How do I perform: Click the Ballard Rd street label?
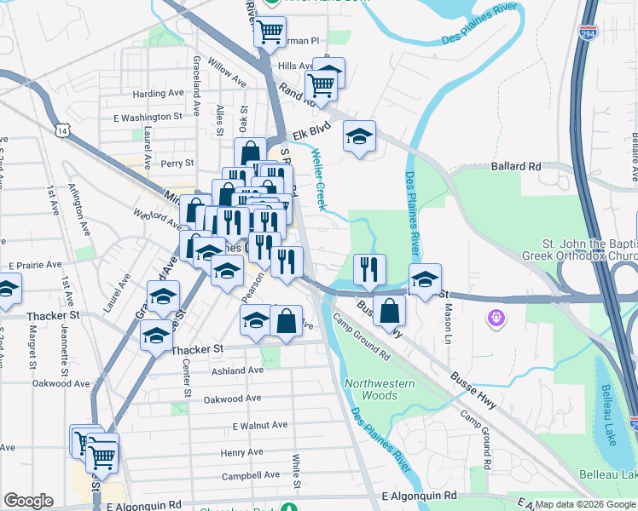tap(516, 168)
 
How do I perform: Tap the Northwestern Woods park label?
tap(380, 389)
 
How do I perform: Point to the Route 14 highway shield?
tap(61, 129)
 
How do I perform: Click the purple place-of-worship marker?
tap(496, 319)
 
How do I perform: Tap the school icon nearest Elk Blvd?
tap(359, 135)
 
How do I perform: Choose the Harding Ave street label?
tap(159, 93)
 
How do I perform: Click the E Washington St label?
tap(154, 117)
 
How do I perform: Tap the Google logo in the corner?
tap(28, 501)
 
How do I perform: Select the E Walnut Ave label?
tap(260, 425)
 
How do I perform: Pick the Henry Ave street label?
tap(241, 452)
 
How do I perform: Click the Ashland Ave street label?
tap(239, 370)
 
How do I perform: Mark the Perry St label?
tap(177, 163)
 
